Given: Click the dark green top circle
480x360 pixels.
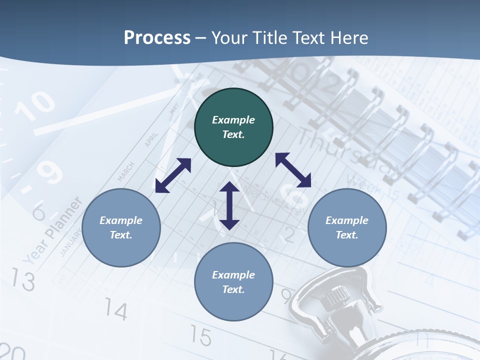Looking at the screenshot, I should pyautogui.click(x=233, y=127).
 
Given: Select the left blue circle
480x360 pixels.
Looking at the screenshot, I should pyautogui.click(x=121, y=227).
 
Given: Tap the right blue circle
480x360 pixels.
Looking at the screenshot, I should pyautogui.click(x=347, y=227).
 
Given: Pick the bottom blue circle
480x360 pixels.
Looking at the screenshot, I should pyautogui.click(x=233, y=282).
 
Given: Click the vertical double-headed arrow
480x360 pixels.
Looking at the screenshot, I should pyautogui.click(x=229, y=205).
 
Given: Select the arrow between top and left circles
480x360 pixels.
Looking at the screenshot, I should pyautogui.click(x=173, y=175).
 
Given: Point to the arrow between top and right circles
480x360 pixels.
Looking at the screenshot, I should pyautogui.click(x=293, y=169).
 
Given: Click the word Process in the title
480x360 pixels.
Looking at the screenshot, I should pyautogui.click(x=157, y=37).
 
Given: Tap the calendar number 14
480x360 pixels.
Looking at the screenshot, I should pyautogui.click(x=116, y=311).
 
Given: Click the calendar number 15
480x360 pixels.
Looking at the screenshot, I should pyautogui.click(x=201, y=336).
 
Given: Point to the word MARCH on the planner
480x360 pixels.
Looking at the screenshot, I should pyautogui.click(x=126, y=171).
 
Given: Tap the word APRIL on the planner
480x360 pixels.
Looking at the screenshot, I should pyautogui.click(x=151, y=139).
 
